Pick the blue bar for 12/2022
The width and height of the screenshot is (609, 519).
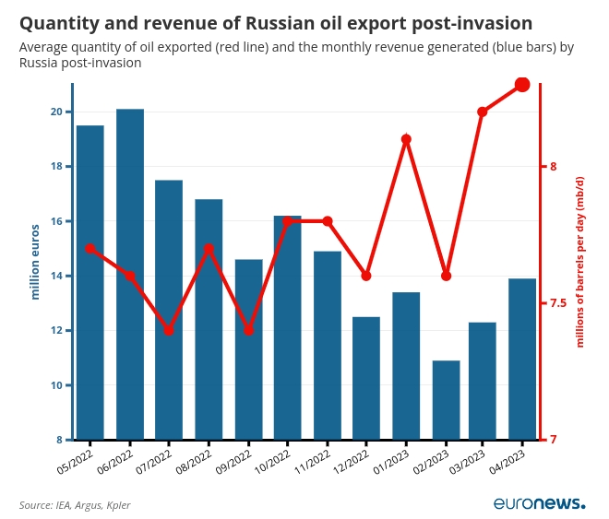(x=366, y=377)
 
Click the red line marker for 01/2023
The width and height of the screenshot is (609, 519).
(x=406, y=139)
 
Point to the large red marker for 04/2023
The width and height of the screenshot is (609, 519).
(x=522, y=85)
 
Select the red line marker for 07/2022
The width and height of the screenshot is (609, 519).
(x=169, y=330)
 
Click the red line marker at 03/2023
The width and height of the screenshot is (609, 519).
(x=483, y=112)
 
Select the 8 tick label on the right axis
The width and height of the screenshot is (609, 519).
(x=553, y=167)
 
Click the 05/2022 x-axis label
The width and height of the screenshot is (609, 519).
(x=76, y=461)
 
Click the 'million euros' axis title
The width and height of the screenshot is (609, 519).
(x=35, y=262)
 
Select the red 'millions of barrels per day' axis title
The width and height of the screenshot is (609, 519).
(x=580, y=262)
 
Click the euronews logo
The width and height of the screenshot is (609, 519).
(x=539, y=503)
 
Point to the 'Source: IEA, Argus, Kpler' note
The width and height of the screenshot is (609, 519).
(x=75, y=505)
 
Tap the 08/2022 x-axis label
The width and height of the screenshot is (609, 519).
(x=194, y=461)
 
